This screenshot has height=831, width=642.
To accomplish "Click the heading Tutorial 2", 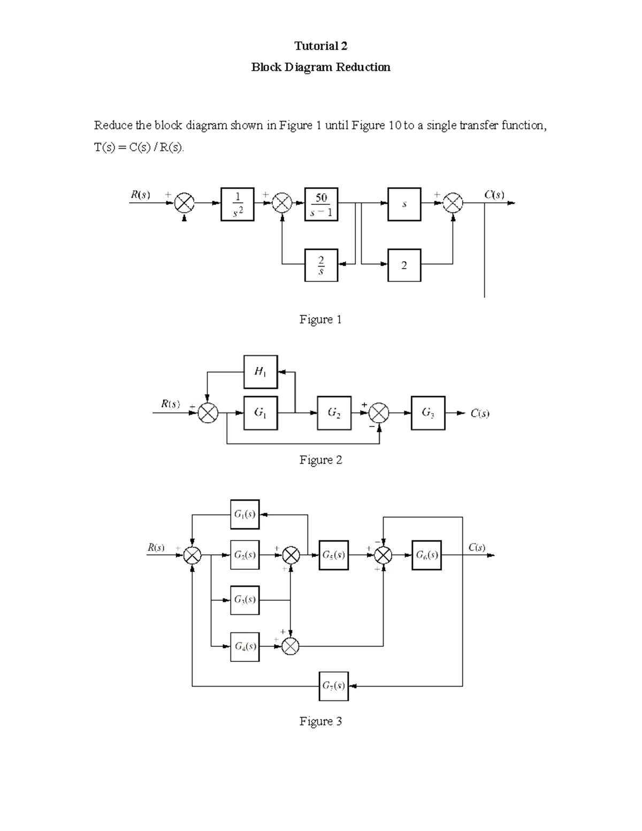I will (320, 46).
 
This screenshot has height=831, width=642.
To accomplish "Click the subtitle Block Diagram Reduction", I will (320, 67).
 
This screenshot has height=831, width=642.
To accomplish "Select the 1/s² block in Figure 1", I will (238, 204).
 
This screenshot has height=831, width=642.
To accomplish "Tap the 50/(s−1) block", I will (321, 204).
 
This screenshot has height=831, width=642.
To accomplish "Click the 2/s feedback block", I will (321, 265).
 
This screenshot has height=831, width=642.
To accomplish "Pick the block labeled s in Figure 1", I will (404, 204).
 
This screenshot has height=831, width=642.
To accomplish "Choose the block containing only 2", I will (404, 265).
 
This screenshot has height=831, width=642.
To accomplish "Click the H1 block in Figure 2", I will (261, 371).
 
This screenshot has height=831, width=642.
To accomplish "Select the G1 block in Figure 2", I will (261, 413).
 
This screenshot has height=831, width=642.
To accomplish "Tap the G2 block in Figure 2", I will (334, 413).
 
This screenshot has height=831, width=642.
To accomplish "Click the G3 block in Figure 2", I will (428, 413).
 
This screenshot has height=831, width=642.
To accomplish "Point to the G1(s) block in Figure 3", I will (245, 515).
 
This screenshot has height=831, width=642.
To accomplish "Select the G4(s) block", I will (245, 646).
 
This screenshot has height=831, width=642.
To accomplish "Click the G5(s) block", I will (334, 555).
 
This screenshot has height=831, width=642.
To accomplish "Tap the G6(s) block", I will (427, 555).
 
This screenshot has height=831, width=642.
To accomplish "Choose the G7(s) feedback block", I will (334, 686).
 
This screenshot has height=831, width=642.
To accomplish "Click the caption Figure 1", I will (320, 320).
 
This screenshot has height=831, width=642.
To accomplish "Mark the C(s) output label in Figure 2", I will (480, 414).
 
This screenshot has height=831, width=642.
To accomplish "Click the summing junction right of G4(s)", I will (291, 646).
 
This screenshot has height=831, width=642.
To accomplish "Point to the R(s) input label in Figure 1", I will (141, 195).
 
